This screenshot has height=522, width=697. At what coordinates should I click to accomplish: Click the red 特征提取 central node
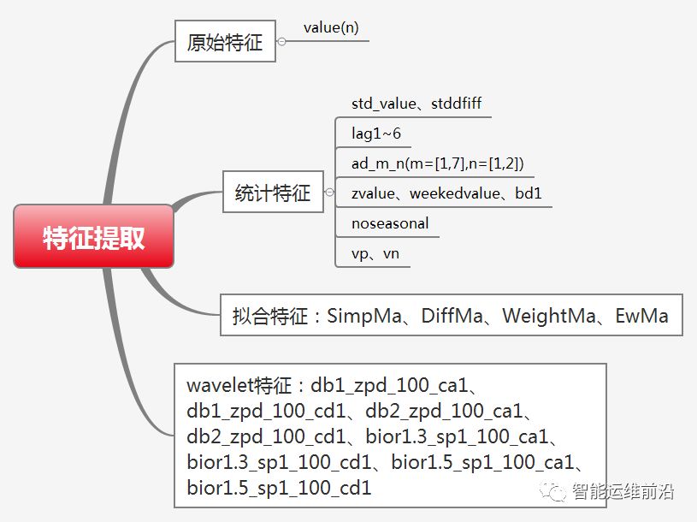point(93,237)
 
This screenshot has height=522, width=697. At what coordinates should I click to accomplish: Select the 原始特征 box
point(225,42)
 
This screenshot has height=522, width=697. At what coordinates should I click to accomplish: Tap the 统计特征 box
point(273,193)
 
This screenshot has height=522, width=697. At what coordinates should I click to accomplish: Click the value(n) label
point(331,27)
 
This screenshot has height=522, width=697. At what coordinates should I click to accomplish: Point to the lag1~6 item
point(376,133)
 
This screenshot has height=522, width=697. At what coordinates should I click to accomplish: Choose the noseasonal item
point(390,223)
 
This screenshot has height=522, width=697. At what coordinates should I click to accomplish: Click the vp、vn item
point(375,253)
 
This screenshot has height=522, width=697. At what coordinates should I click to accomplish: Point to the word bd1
point(529,193)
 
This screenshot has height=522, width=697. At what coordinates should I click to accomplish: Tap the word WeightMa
point(548,316)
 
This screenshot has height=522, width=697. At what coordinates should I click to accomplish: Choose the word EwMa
point(641,316)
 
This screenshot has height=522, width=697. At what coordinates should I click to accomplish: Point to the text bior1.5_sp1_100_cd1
point(279,489)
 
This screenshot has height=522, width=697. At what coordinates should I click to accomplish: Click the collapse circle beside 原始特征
point(281,42)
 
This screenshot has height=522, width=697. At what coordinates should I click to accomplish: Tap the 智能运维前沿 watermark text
point(623,492)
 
